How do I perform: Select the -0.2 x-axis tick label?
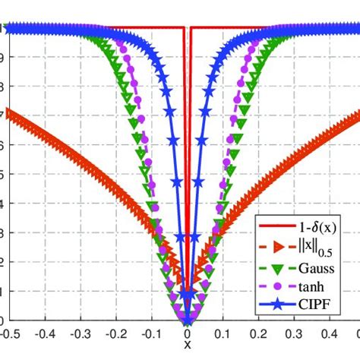click(115, 333)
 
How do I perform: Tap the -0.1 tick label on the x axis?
click(151, 333)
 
